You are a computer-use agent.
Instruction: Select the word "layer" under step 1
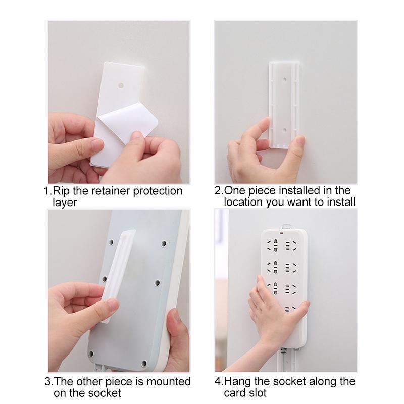tap(65, 203)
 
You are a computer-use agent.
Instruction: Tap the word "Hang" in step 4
tap(237, 382)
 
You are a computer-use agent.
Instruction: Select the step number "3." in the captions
tap(48, 382)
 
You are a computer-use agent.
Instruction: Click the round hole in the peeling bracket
tap(121, 85)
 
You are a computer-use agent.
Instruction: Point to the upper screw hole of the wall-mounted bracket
tap(284, 80)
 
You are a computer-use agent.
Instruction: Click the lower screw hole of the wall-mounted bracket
tap(284, 130)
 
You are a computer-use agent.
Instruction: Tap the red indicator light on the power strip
tap(282, 233)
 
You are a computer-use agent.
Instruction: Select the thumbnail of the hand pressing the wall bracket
tap(286, 102)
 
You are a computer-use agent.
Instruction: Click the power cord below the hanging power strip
tap(283, 360)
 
